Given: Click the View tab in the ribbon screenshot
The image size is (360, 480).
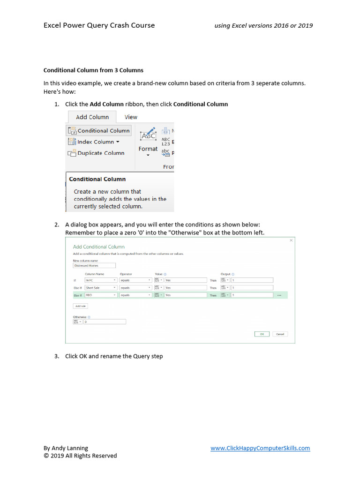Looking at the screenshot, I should [131, 117].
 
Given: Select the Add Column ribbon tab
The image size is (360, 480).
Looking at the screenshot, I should [92, 117].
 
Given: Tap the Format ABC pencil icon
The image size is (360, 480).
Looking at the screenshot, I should [148, 135].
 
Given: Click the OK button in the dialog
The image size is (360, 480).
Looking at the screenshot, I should [262, 334].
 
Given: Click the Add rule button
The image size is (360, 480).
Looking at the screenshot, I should [81, 306].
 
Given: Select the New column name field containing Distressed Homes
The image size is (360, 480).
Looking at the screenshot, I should [94, 265].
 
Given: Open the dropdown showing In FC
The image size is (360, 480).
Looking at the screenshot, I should [101, 280].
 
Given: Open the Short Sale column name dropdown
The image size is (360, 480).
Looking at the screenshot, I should [101, 288].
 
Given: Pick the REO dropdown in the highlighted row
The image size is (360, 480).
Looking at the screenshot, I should [101, 295].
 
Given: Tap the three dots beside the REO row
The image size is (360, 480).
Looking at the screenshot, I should [279, 295].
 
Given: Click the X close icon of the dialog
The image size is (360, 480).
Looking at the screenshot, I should [291, 240].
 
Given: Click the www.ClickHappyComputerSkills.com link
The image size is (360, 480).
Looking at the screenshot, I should [260, 448].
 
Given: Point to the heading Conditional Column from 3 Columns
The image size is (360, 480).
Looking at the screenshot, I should [93, 70].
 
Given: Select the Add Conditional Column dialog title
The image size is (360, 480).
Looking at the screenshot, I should [99, 247].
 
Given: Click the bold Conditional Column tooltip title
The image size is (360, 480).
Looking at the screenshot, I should [97, 179].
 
